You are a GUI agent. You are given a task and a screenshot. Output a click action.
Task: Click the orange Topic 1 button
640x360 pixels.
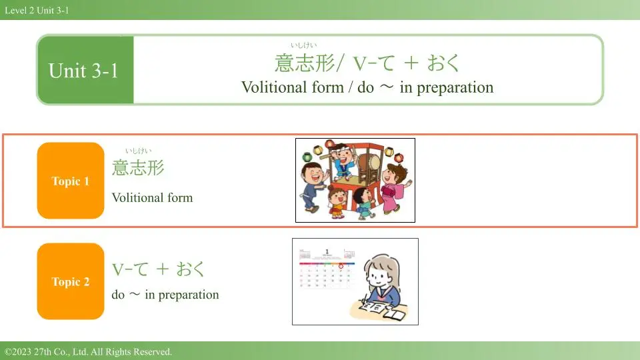pos(71,181)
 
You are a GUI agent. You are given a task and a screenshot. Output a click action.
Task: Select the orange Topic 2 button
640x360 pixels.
pos(71,281)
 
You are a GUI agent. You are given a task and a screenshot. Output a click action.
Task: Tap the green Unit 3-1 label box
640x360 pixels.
pos(85,70)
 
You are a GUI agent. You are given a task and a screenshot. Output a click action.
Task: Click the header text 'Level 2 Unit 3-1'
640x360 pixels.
pos(37,10)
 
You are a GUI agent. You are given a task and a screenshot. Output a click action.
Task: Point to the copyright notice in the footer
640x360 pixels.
pos(88,351)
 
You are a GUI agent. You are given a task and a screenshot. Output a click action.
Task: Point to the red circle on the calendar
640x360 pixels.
pos(341,266)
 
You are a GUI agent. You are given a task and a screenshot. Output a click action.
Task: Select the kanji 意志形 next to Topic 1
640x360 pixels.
pos(138,168)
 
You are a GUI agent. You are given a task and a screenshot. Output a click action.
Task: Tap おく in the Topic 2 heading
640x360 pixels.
pos(190,269)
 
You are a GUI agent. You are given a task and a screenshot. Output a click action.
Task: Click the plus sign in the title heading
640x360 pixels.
pos(411,63)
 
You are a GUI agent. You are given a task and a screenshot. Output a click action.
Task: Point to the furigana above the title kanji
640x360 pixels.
pos(304,45)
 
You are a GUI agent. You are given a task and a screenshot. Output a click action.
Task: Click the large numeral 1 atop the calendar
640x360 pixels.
pos(327,251)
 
